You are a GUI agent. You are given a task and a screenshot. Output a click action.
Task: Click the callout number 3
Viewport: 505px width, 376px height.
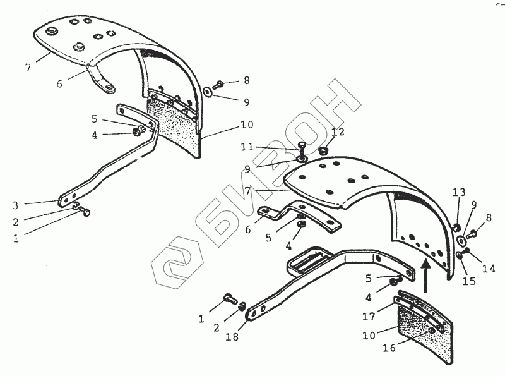15,203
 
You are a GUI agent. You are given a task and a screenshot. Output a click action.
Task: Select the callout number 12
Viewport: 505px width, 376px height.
338,133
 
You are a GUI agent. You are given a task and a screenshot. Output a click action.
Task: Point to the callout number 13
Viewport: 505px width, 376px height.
458,192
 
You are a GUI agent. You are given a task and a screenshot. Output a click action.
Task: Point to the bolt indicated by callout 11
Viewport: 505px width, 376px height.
301,146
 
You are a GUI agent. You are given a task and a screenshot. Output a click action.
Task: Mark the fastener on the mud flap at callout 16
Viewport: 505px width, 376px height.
431,331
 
